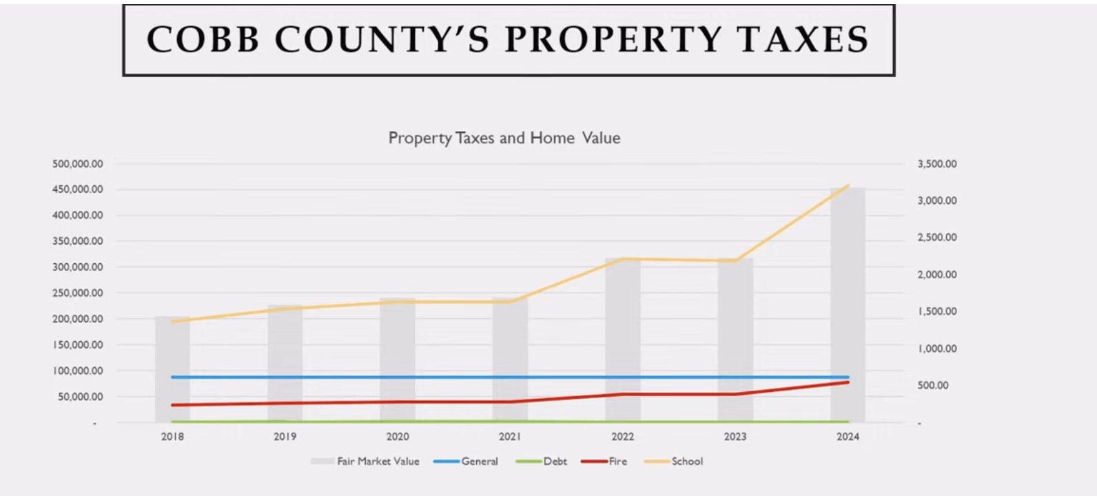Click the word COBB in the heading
tap(203, 39)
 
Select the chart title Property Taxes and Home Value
tap(504, 138)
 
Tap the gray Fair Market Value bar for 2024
tap(848, 304)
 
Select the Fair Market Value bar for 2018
tap(172, 369)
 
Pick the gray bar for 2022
tap(622, 340)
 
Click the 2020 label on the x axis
tap(397, 436)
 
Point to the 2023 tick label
tap(735, 436)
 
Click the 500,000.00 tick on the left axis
tap(77, 164)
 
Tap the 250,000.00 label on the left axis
tap(77, 293)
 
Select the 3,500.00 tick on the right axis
tap(937, 164)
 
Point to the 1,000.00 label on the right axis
tap(937, 349)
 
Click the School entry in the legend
tap(674, 462)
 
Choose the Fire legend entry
tap(604, 462)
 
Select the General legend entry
tap(466, 462)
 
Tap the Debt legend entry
tap(541, 462)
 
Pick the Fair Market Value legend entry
tap(365, 462)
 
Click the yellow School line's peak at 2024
tap(848, 185)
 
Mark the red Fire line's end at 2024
tap(848, 382)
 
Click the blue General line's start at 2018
tap(172, 377)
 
